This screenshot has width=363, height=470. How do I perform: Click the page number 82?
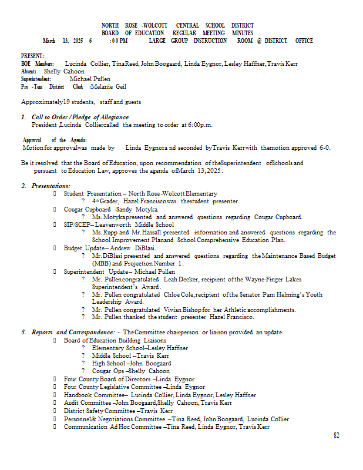pos(337,435)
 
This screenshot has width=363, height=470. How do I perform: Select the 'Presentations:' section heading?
pos(51,186)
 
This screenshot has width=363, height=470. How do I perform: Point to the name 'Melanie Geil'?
pos(109,86)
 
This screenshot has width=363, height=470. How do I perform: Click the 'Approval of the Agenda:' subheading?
pos(55,140)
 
